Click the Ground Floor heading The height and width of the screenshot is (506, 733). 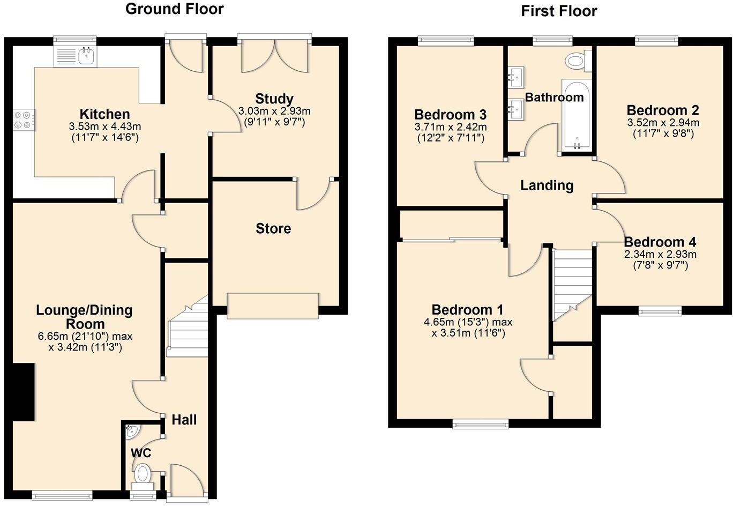click(x=174, y=9)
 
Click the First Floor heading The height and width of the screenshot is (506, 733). click(x=558, y=11)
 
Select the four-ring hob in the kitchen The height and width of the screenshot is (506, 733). click(x=23, y=120)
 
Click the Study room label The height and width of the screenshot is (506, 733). click(x=274, y=99)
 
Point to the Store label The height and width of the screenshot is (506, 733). click(x=273, y=229)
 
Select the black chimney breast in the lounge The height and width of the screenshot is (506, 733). click(x=23, y=392)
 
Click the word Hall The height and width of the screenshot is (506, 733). click(x=184, y=420)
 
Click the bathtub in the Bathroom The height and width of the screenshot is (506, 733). click(x=576, y=115)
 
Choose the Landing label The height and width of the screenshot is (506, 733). click(x=547, y=185)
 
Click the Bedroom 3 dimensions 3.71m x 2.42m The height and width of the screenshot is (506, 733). click(x=450, y=127)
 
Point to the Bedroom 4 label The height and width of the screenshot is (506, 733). click(x=660, y=242)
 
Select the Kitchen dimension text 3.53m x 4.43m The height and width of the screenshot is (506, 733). click(x=104, y=126)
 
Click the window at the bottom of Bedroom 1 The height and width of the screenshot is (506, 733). click(x=480, y=424)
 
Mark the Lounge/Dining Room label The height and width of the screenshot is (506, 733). click(x=84, y=317)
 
